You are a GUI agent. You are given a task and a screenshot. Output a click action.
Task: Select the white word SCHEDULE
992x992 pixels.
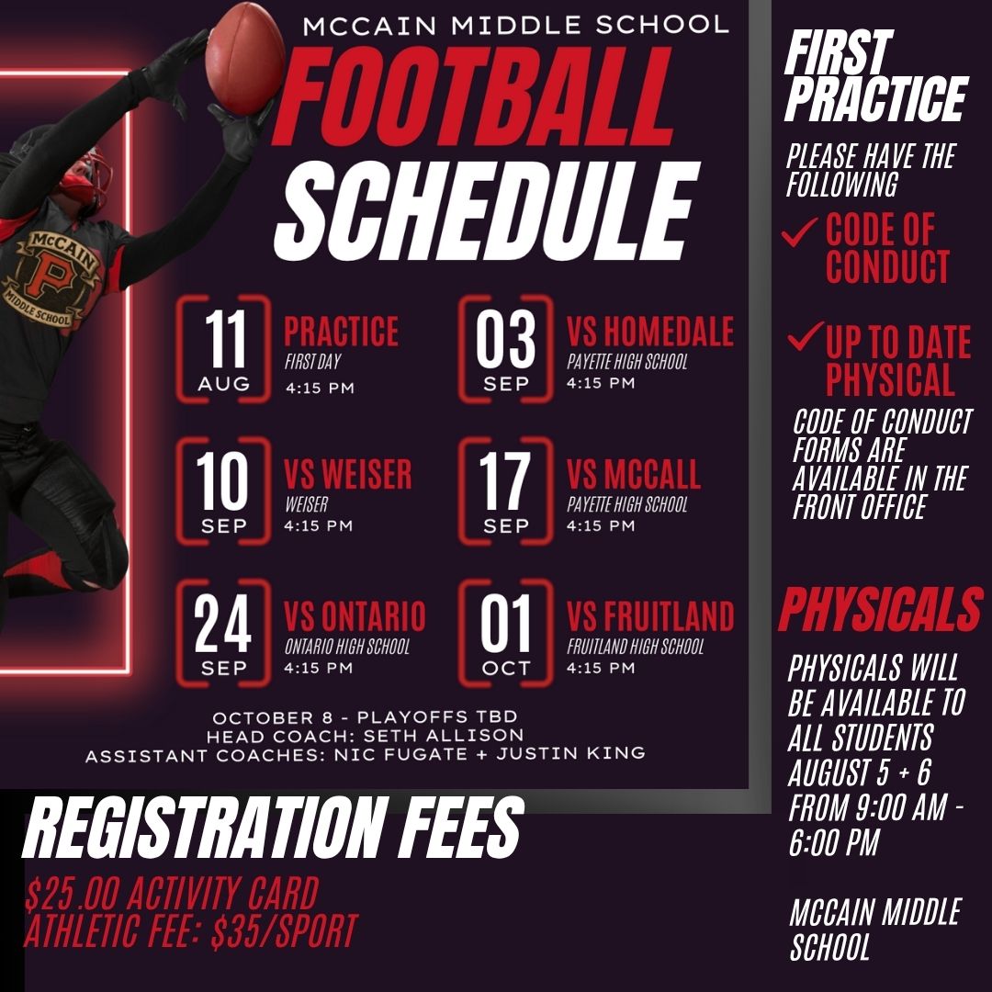[x=487, y=210]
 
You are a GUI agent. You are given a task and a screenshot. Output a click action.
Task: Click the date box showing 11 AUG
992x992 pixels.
[x=224, y=349]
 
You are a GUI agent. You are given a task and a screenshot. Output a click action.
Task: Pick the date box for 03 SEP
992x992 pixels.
[x=505, y=349]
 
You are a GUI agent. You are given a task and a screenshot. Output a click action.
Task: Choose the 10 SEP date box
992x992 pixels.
[x=224, y=490]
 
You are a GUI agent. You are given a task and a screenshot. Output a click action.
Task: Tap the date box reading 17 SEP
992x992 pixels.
[x=505, y=490]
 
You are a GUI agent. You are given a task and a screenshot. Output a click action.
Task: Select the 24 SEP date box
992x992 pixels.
[x=224, y=633]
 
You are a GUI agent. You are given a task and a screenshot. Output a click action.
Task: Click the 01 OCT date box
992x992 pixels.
[x=505, y=633]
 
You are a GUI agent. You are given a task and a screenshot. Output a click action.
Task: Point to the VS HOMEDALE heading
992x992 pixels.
[x=650, y=331]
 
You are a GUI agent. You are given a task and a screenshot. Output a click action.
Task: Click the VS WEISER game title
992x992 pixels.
[x=348, y=474]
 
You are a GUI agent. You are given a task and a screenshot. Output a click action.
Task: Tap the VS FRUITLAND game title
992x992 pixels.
[x=650, y=616]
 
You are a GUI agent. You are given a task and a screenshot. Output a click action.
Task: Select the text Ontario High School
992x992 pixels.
[x=347, y=647]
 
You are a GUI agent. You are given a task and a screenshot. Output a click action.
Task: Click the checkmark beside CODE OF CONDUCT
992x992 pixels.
[x=800, y=231]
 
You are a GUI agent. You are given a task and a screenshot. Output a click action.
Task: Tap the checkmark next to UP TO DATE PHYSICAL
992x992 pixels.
[x=806, y=336]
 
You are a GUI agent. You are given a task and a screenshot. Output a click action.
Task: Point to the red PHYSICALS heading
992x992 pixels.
[x=881, y=609]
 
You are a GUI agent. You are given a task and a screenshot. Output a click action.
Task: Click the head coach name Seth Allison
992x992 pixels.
[x=444, y=735]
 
